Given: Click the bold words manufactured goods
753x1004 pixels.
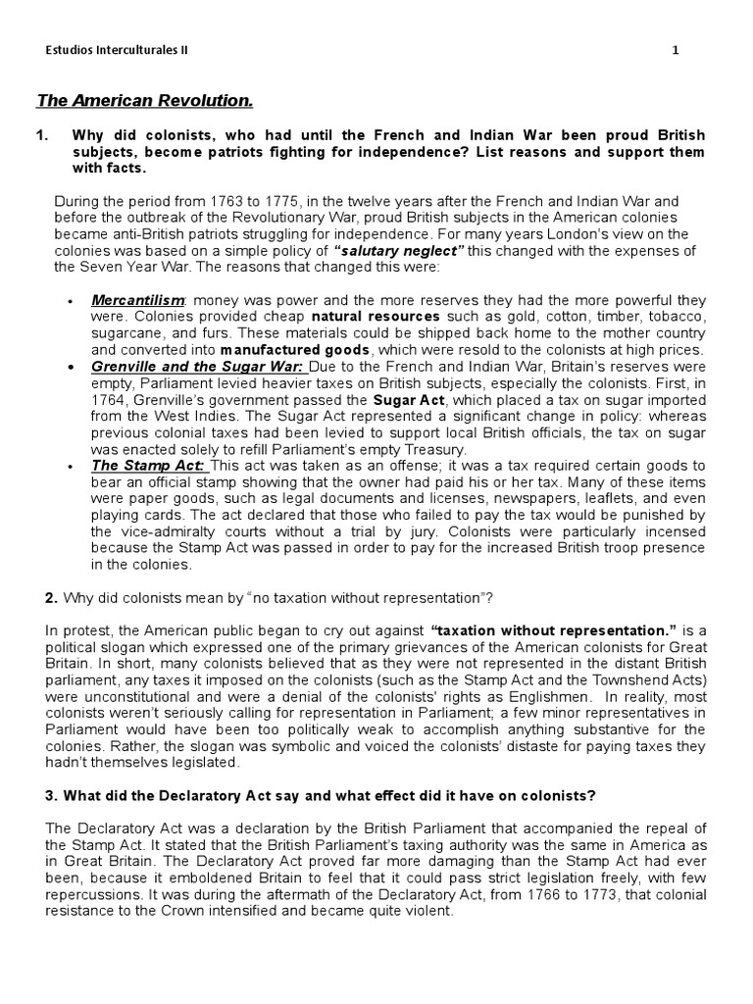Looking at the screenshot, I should (295, 350).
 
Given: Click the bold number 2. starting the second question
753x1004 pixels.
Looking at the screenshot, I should (52, 598).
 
